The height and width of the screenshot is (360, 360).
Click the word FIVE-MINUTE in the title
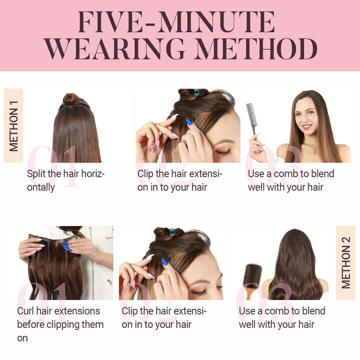(x=176, y=22)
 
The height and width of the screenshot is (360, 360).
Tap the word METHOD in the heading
(x=256, y=49)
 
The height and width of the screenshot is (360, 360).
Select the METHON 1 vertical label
(x=13, y=126)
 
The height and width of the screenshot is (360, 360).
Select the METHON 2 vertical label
(x=346, y=262)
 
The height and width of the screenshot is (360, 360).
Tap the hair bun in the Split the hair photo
(x=71, y=99)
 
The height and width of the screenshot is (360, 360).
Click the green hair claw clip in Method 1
(x=197, y=93)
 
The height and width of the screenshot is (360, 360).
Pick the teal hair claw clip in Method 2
(x=172, y=232)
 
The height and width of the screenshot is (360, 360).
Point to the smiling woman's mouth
(x=306, y=126)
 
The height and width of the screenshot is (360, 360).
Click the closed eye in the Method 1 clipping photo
(x=222, y=152)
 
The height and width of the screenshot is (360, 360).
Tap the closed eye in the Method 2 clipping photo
(x=199, y=292)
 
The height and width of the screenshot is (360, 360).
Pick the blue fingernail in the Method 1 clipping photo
(x=189, y=122)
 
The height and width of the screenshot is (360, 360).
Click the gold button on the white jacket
(x=110, y=281)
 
